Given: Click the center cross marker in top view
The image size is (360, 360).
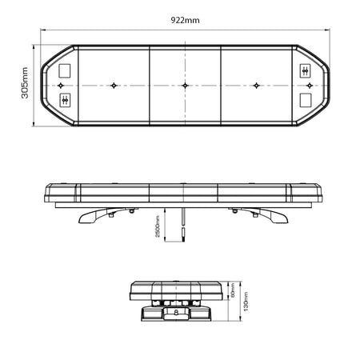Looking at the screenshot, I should pos(185,85).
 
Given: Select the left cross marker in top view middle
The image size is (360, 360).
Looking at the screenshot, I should pos(114,85).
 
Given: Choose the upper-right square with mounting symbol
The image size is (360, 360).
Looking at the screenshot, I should pos(305,70).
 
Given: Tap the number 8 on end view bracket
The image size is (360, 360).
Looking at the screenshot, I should pos(175,314).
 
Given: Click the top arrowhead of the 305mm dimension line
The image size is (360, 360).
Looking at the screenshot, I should pos(33,47).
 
